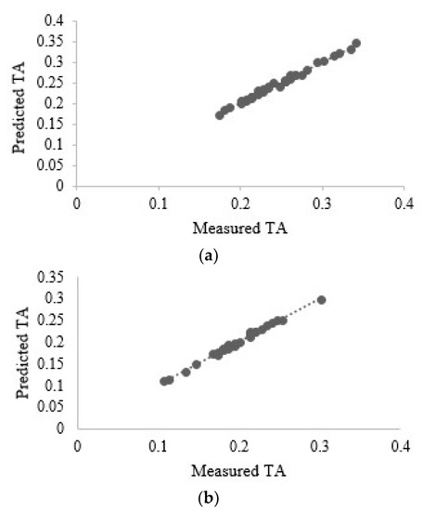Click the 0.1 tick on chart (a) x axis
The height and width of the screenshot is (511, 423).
click(159, 199)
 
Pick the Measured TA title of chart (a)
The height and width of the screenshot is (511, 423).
click(239, 225)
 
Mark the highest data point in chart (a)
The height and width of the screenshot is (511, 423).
click(356, 44)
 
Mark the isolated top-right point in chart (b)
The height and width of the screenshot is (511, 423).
click(322, 300)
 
